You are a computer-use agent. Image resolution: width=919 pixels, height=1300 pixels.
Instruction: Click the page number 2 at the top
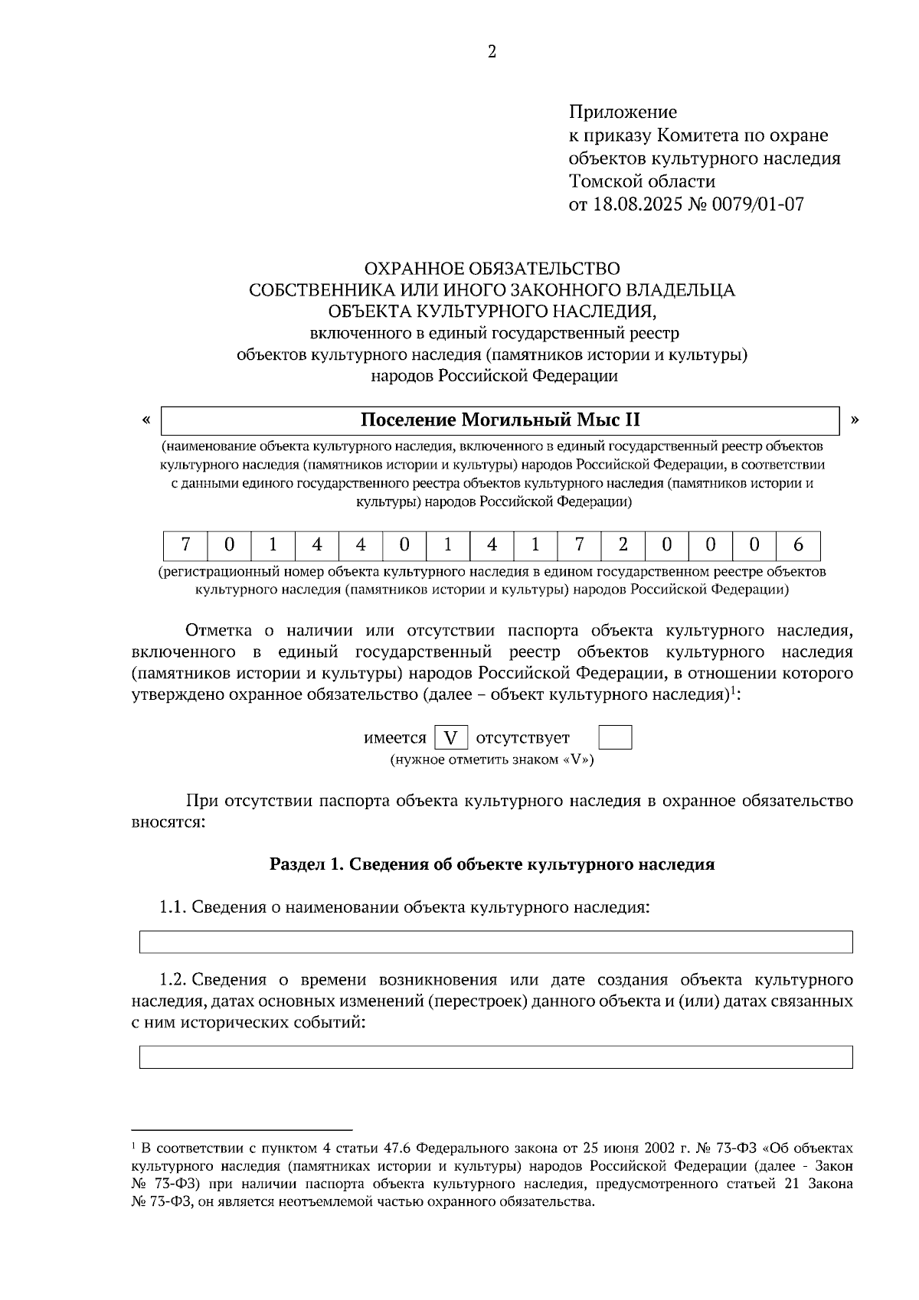492,52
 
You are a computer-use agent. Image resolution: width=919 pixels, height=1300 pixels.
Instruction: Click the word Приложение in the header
622,113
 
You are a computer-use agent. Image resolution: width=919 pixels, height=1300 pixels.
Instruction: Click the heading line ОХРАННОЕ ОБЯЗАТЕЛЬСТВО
492,269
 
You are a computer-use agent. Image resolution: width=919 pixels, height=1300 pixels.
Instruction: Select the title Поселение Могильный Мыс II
500,420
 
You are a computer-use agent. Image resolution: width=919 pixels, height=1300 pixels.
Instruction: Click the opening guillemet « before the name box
146,420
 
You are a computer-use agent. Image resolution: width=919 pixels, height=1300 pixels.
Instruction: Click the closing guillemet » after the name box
855,420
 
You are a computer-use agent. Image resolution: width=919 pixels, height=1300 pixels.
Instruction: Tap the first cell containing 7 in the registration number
185,545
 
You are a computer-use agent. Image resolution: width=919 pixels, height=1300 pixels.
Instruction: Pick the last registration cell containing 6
798,545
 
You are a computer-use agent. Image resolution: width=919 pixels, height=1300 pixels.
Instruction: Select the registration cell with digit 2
623,545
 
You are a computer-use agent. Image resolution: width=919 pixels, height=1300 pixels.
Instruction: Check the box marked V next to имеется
451,738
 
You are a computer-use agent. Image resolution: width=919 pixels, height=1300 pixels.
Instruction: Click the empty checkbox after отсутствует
614,738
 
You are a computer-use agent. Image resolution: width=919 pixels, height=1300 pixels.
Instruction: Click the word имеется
394,738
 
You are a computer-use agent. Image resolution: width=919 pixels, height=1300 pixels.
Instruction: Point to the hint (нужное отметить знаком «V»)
492,760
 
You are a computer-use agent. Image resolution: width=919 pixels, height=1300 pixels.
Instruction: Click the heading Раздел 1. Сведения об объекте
492,864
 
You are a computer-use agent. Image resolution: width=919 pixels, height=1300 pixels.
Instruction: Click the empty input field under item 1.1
495,942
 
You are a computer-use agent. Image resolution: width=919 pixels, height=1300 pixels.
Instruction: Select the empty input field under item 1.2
495,1057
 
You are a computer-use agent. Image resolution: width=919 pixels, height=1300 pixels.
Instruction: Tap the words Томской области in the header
642,181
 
